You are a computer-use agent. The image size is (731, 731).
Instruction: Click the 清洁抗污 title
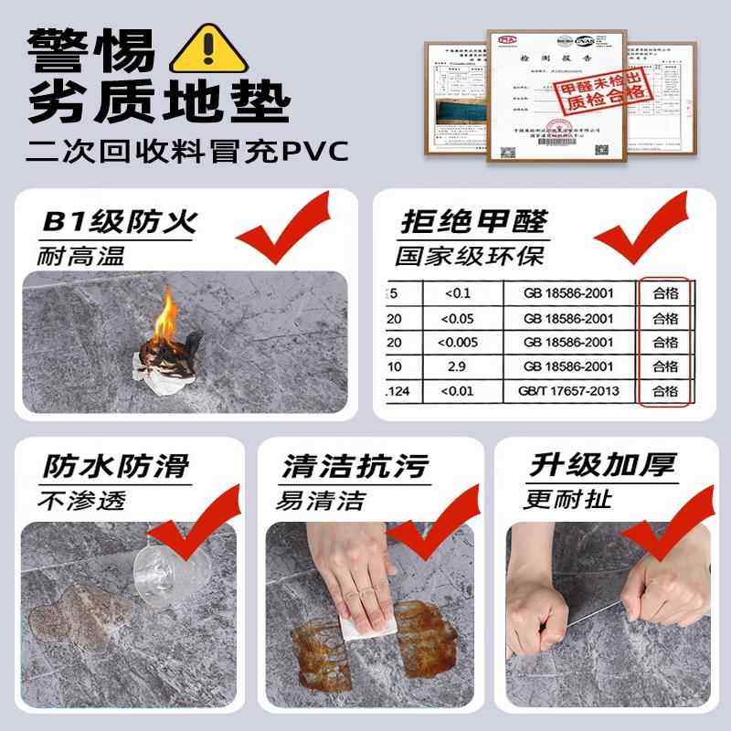[355, 467]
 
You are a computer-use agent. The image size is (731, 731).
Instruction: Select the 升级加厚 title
[603, 467]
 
